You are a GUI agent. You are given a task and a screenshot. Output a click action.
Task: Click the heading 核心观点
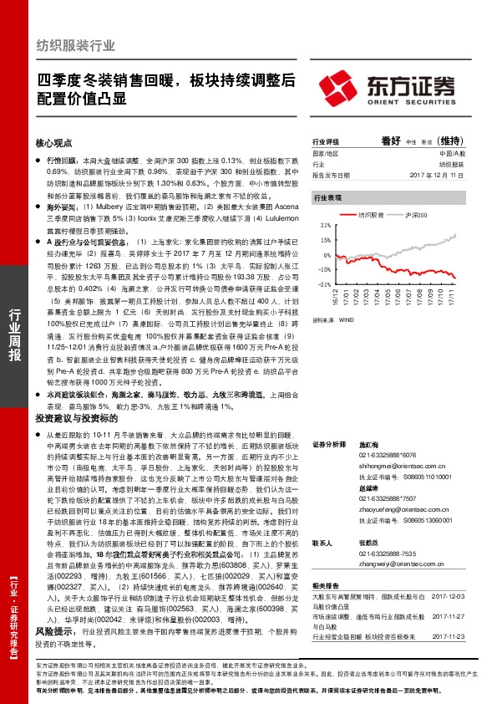tap(56, 143)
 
